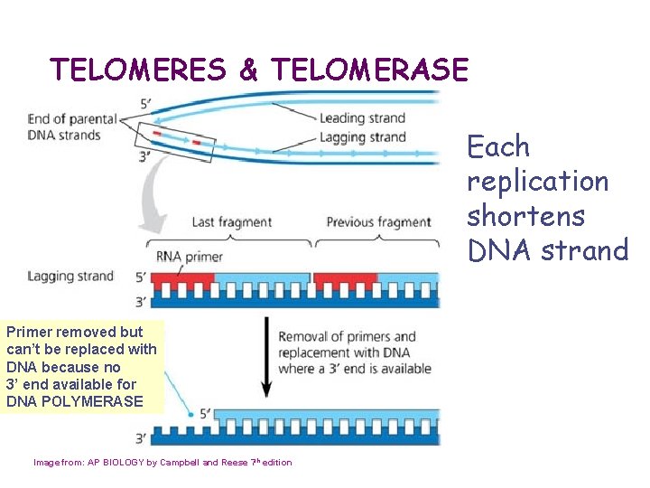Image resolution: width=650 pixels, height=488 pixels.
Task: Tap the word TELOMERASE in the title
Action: point(369,70)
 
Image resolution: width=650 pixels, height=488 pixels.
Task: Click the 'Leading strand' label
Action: point(362,117)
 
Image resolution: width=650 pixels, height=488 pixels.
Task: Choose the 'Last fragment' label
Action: point(231,222)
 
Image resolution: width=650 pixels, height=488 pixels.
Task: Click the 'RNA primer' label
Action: point(190,257)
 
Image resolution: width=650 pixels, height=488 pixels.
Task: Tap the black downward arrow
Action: point(266,356)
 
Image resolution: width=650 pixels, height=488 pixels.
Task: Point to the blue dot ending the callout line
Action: point(190,415)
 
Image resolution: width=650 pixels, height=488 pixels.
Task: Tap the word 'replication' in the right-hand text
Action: point(537,182)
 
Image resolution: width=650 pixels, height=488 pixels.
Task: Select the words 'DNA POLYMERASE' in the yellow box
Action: point(74,400)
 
